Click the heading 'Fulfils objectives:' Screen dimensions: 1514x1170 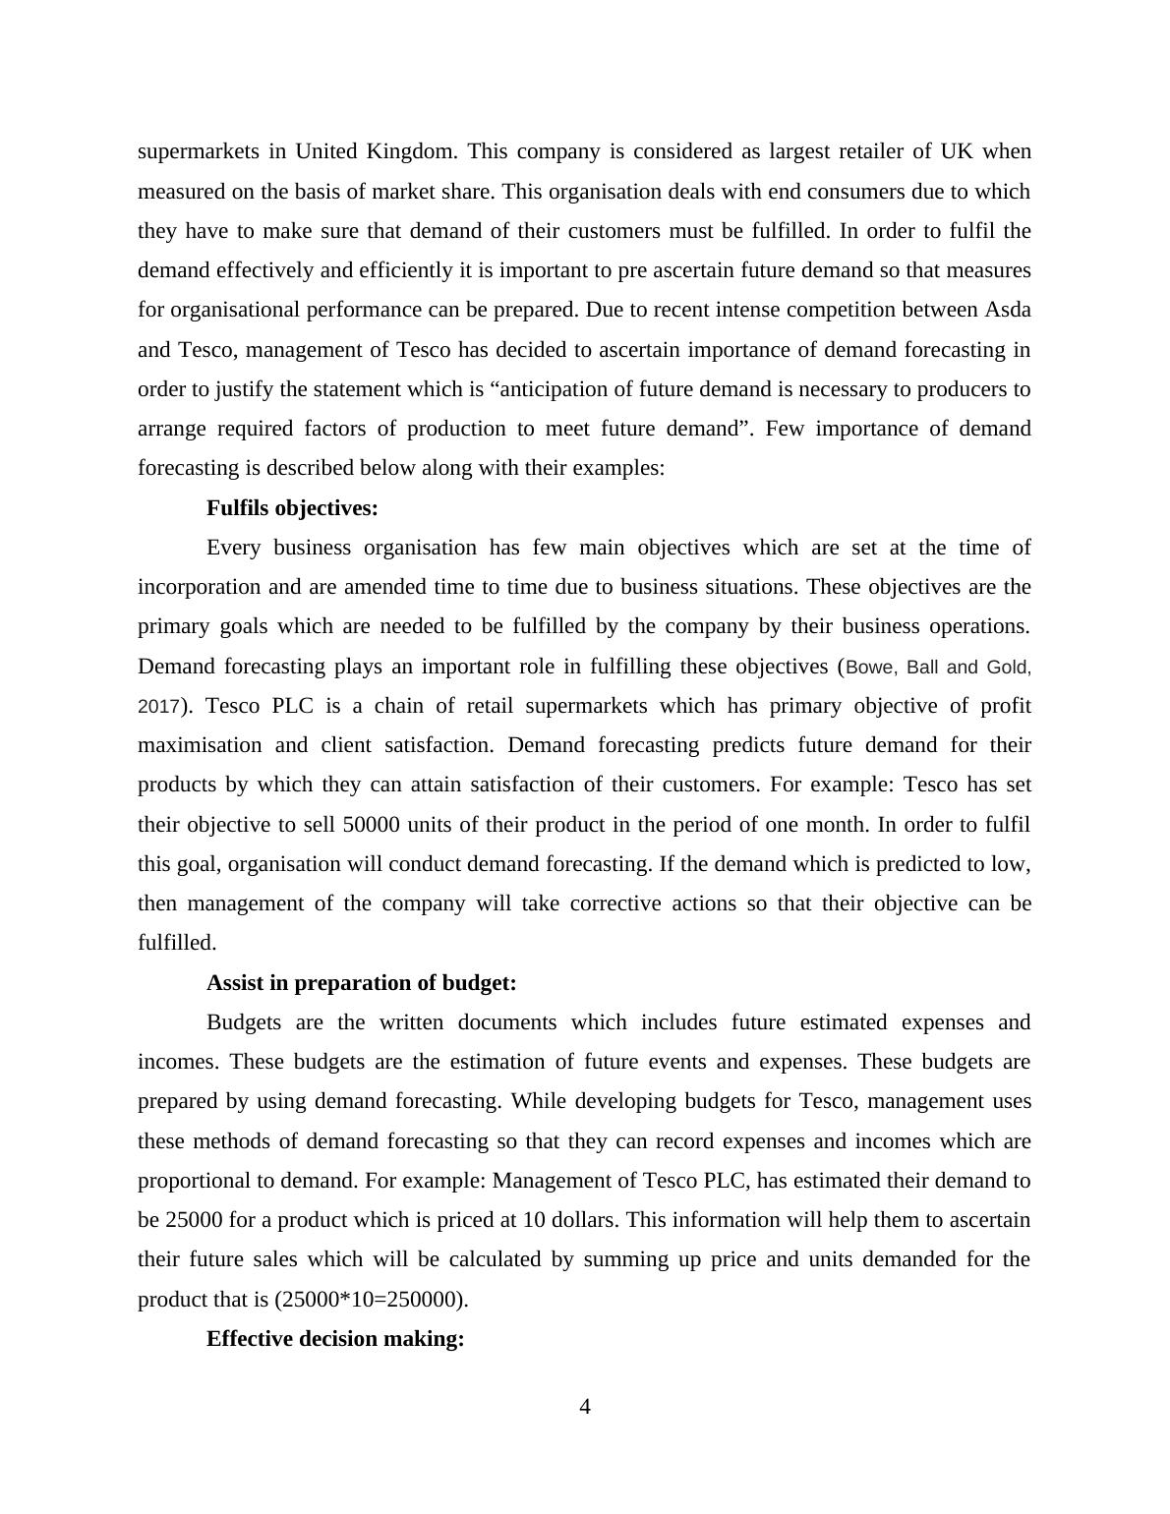click(292, 508)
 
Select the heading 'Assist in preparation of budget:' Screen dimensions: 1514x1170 click(361, 983)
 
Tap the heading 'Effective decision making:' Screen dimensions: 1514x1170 click(335, 1339)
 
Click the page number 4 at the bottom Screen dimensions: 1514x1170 click(585, 1407)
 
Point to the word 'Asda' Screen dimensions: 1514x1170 click(1007, 310)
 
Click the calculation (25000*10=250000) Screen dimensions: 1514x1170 click(373, 1300)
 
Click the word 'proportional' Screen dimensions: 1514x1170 click(198, 1181)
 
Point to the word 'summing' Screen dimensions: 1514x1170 click(619, 1259)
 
